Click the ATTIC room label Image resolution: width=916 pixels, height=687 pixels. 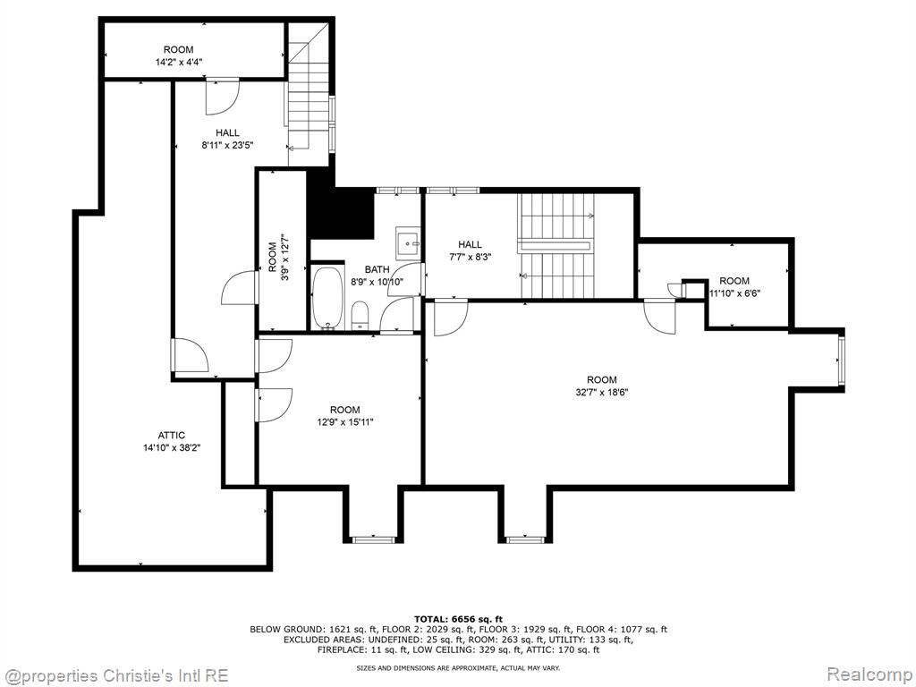[171, 436]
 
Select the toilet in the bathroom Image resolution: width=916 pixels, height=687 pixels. [360, 316]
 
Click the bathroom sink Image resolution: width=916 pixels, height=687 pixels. [408, 242]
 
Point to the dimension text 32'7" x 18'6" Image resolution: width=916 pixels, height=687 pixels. [602, 392]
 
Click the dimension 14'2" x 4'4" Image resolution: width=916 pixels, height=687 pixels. [179, 62]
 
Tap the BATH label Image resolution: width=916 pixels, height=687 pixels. [377, 269]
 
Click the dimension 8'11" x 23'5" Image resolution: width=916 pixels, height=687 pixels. [227, 145]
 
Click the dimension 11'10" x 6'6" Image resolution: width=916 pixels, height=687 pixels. [734, 293]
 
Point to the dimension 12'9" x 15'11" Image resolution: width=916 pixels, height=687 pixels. [344, 422]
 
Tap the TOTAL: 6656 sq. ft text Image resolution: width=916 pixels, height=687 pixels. [458, 619]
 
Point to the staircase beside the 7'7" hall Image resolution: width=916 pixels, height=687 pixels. [556, 246]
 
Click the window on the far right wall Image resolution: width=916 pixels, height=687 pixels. [842, 360]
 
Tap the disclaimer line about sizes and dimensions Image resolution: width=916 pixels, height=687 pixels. [458, 667]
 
